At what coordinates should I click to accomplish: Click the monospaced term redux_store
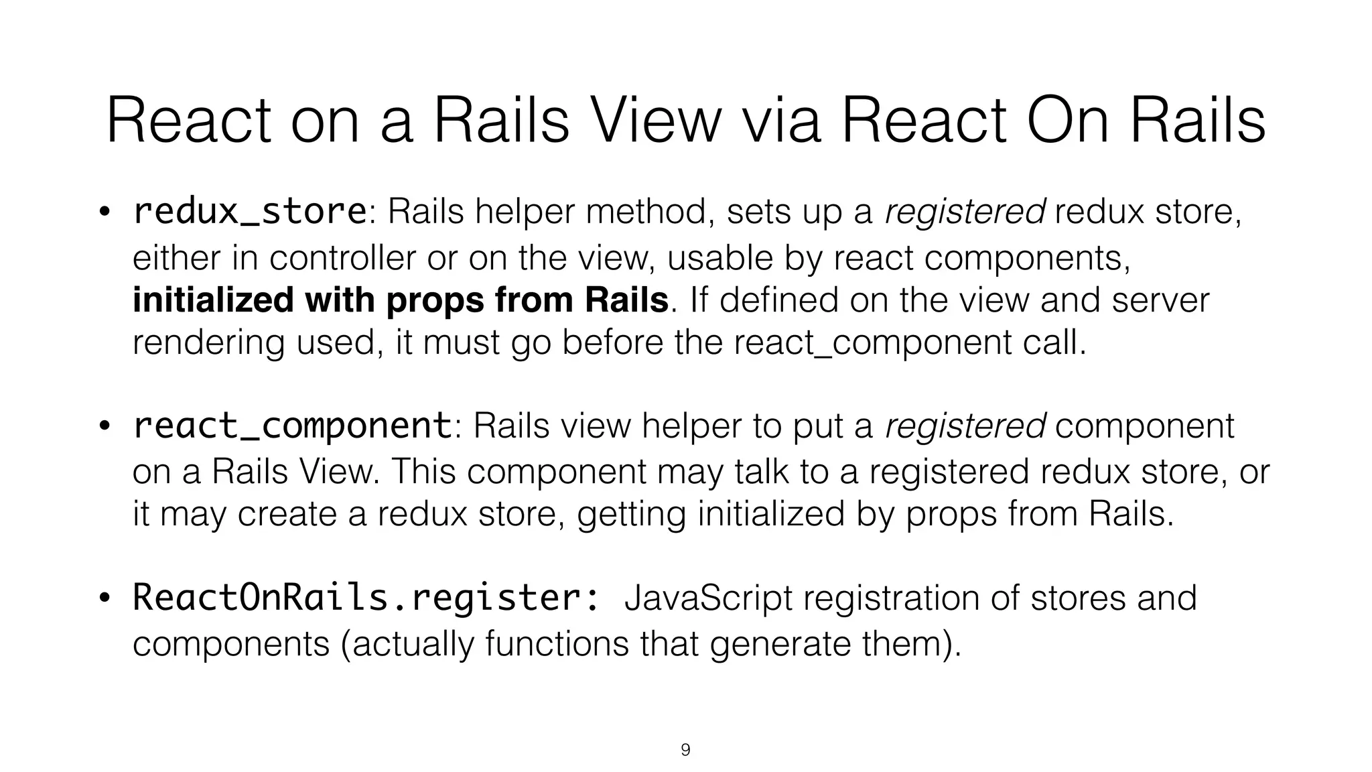249,211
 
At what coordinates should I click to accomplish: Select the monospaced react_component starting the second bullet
292,426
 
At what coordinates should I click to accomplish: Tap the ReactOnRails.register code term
366,597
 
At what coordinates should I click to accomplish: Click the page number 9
685,750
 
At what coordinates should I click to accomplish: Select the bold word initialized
213,300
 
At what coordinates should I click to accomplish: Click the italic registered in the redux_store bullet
965,212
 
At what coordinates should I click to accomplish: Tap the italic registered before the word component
965,426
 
